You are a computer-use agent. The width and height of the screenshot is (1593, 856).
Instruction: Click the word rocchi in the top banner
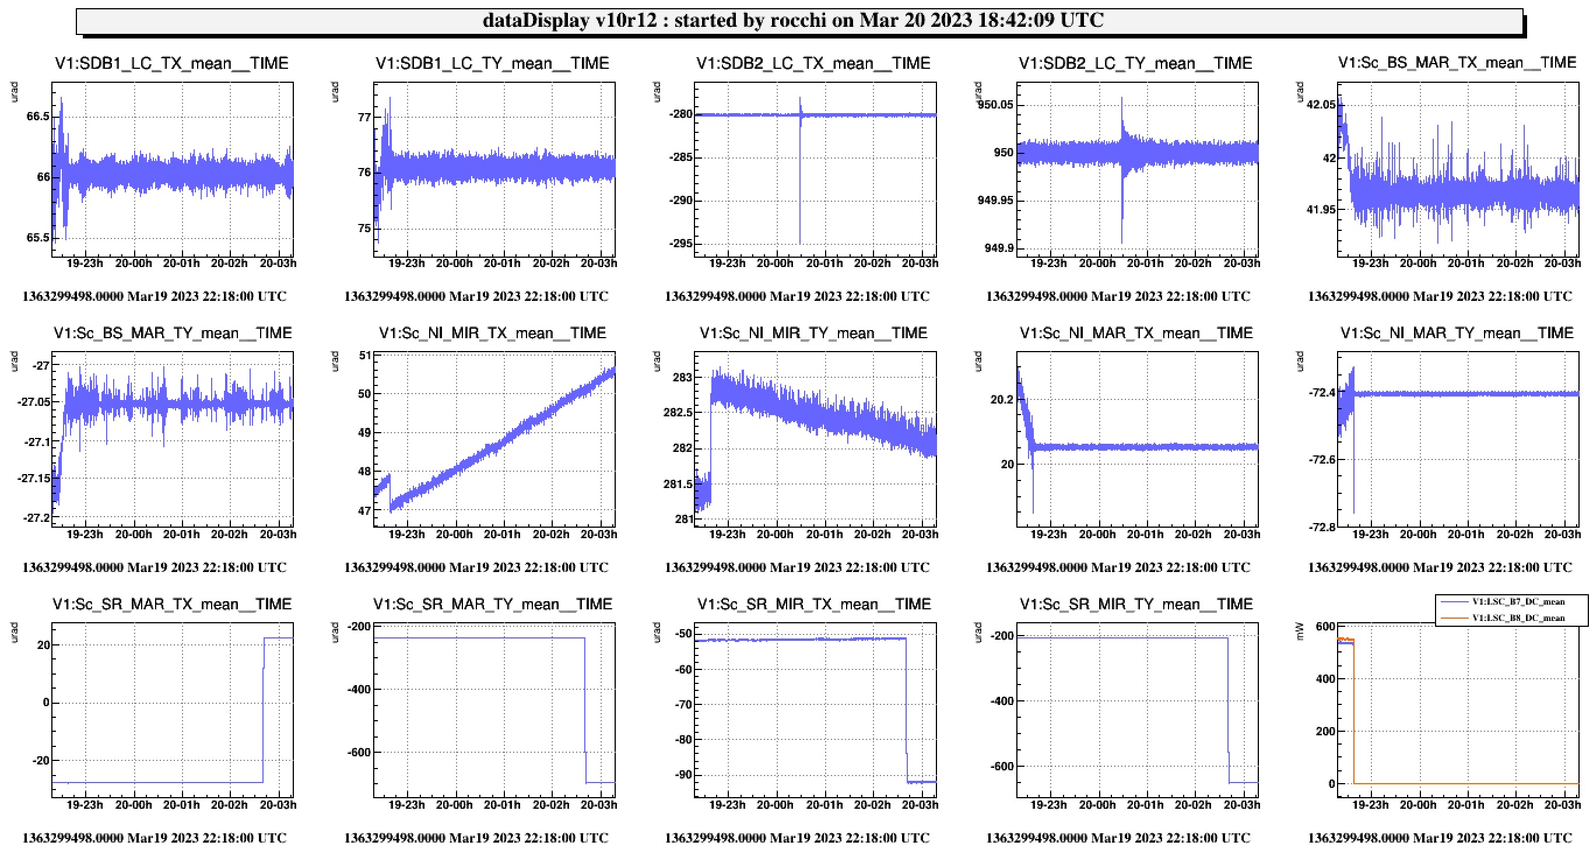pos(798,20)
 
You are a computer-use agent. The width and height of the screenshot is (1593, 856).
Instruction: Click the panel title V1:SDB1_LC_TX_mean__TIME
pos(171,63)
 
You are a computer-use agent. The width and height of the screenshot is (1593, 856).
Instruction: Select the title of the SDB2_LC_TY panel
pos(1135,63)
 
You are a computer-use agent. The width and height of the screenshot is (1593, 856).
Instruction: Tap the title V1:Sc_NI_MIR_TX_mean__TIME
pos(492,334)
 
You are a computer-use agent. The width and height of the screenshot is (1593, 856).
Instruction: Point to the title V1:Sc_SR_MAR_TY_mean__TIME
pos(492,604)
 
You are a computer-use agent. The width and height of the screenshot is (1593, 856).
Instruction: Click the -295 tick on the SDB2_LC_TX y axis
pos(681,244)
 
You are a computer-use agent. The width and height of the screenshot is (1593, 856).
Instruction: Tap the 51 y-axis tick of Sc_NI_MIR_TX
pos(365,356)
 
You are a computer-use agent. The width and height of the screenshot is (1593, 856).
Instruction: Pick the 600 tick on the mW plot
pos(1325,626)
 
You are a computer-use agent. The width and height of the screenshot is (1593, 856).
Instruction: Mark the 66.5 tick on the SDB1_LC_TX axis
pos(38,116)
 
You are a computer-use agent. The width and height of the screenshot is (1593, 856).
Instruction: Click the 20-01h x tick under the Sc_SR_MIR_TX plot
pos(824,805)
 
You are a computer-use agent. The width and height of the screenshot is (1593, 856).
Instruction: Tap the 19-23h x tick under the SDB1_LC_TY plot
pos(406,263)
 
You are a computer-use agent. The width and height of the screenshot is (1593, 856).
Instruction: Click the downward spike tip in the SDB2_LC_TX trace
pos(799,243)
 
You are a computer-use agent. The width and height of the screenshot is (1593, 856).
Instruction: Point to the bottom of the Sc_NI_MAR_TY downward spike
pos(1354,513)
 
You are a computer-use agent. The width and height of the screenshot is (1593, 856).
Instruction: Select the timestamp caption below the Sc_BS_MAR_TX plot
pos(1440,296)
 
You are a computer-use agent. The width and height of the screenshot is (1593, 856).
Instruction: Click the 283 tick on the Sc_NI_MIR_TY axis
pos(682,377)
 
